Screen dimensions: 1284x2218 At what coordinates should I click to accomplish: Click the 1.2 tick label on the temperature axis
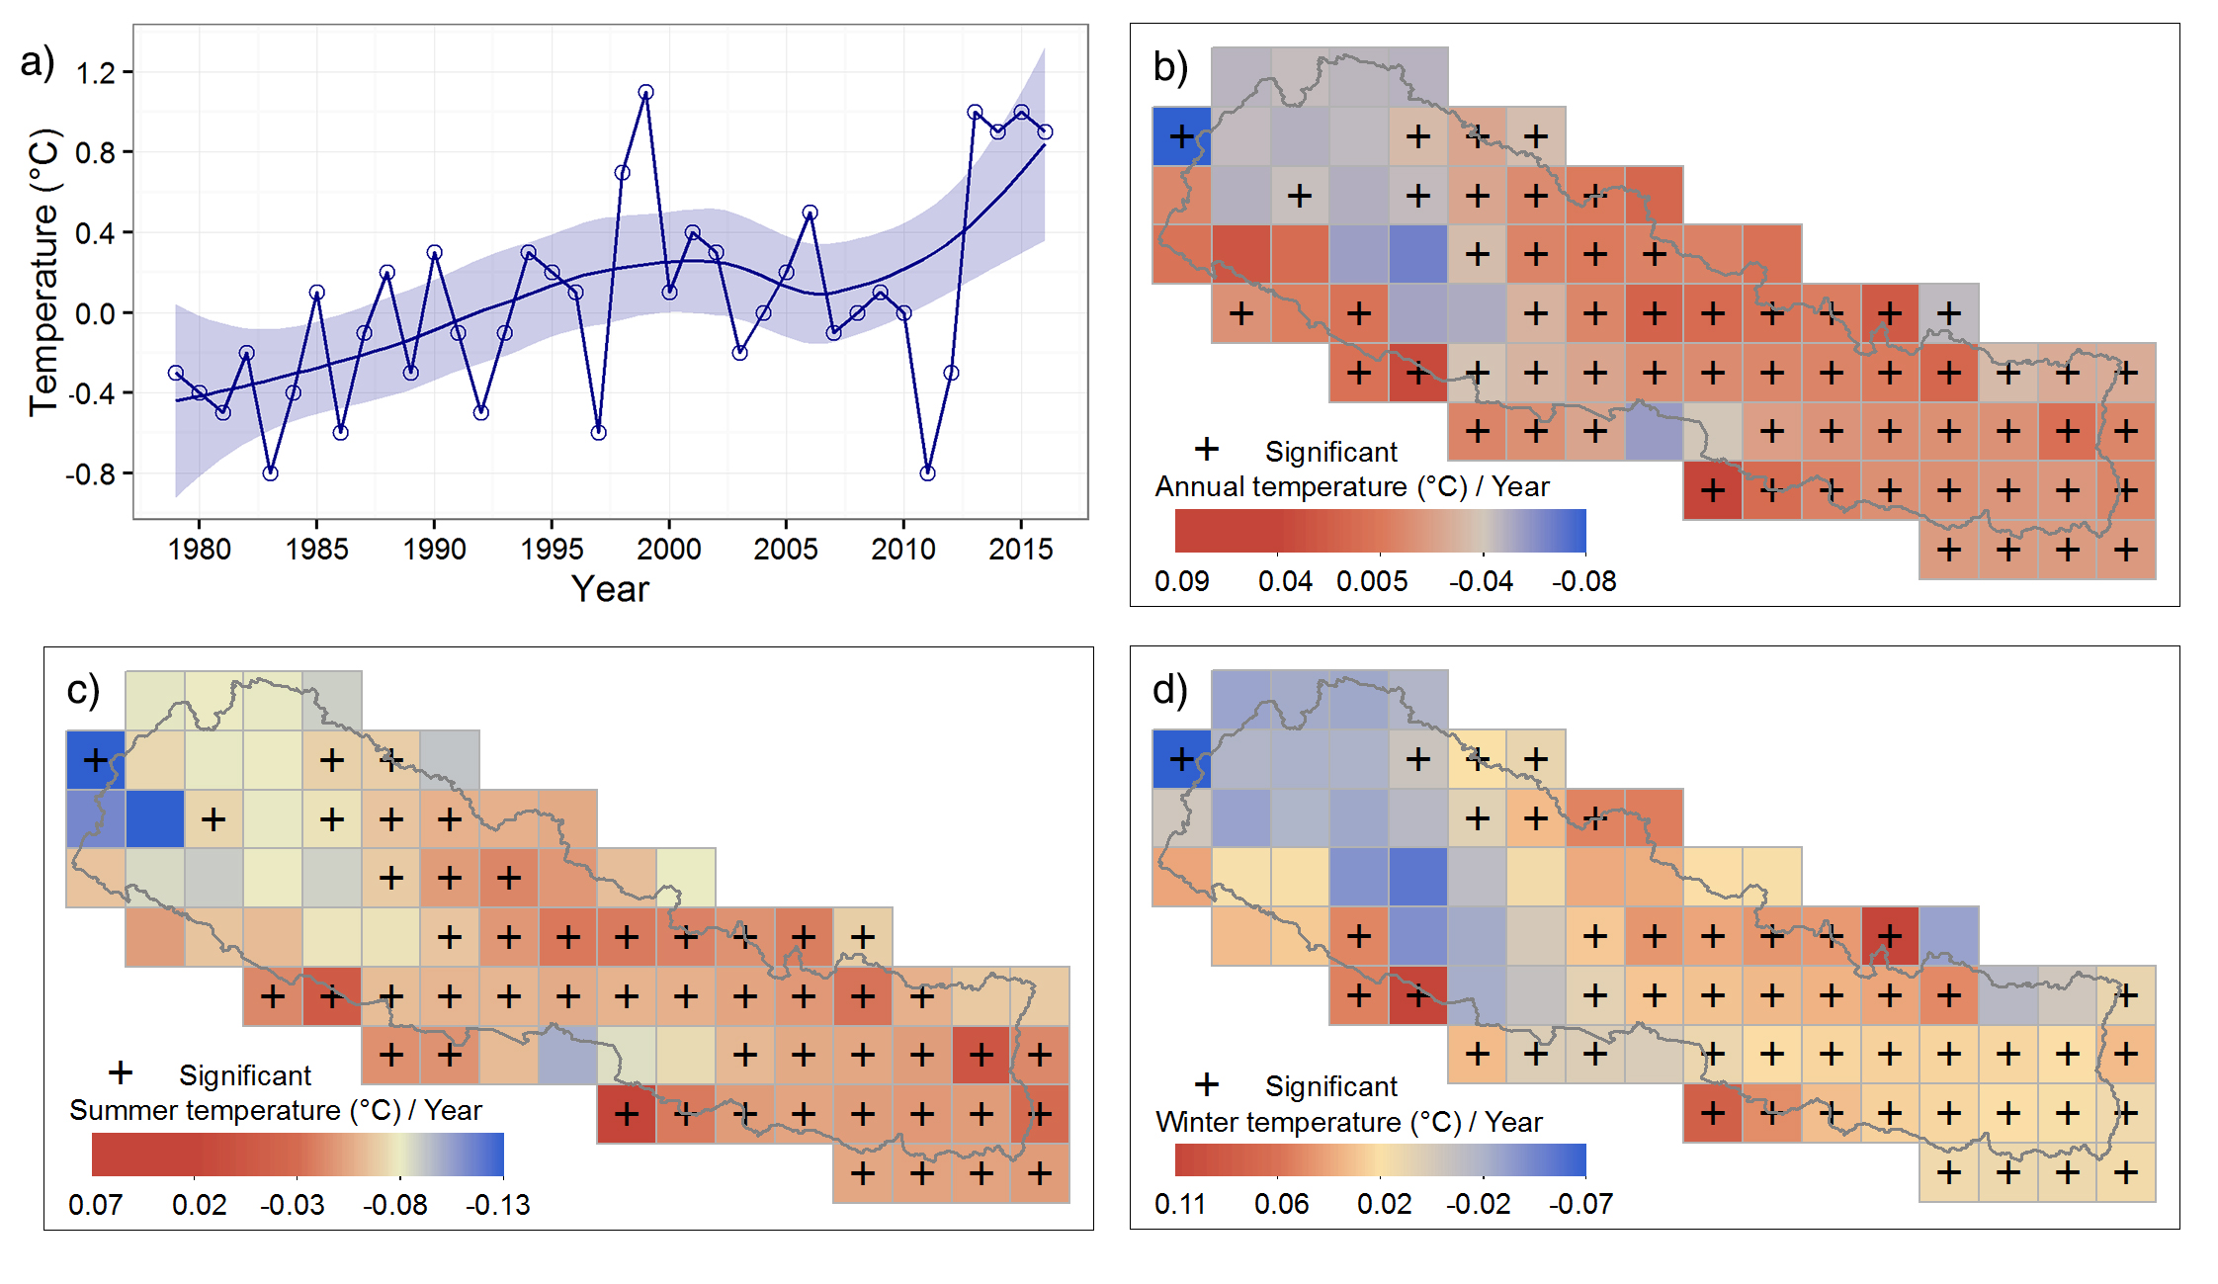coord(96,73)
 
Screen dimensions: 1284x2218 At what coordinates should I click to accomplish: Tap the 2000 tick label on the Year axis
coord(668,549)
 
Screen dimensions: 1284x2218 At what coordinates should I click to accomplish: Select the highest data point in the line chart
coord(645,93)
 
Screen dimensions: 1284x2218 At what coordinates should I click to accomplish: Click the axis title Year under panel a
coord(610,589)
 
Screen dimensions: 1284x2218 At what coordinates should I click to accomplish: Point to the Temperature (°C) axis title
coord(44,272)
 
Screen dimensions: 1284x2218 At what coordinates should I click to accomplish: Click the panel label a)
coord(38,62)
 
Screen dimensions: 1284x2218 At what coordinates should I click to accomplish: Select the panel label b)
coord(1170,67)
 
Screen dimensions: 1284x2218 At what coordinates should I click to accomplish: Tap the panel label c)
coord(83,690)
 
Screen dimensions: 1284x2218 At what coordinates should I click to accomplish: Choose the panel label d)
coord(1170,690)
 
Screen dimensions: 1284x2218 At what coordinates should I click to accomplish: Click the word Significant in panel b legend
coord(1330,452)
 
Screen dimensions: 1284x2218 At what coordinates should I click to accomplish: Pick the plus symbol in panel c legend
coord(121,1072)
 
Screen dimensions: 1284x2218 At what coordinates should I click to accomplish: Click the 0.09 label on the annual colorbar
coord(1181,581)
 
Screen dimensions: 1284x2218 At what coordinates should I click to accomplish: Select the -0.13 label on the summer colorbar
coord(498,1205)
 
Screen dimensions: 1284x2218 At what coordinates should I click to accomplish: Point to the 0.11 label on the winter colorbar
coord(1179,1204)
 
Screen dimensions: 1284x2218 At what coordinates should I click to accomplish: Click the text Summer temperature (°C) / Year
coord(275,1110)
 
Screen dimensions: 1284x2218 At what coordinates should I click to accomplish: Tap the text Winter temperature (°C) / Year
coord(1348,1122)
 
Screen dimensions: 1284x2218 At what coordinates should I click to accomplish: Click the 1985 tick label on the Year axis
coord(316,549)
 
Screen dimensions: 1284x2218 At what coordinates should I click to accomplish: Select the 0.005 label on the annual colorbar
coord(1372,581)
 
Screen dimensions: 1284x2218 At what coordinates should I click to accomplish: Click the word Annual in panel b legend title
coord(1200,487)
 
